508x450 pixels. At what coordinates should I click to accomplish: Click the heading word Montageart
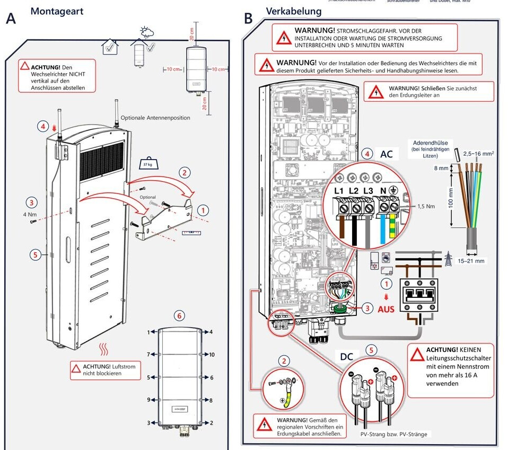click(x=57, y=11)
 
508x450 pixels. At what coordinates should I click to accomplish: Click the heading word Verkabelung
click(x=294, y=11)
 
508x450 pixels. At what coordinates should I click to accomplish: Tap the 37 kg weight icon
click(x=146, y=163)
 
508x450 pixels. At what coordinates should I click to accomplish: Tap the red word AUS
click(x=386, y=308)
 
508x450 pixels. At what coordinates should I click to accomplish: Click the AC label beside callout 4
click(x=387, y=154)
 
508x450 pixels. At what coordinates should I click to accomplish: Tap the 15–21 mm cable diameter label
click(x=471, y=261)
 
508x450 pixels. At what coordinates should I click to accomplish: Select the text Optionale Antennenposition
click(x=155, y=118)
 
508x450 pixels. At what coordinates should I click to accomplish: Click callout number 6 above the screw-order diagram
click(x=180, y=316)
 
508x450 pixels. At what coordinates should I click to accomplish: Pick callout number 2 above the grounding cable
click(x=285, y=361)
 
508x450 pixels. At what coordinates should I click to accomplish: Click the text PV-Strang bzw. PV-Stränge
click(x=393, y=434)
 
